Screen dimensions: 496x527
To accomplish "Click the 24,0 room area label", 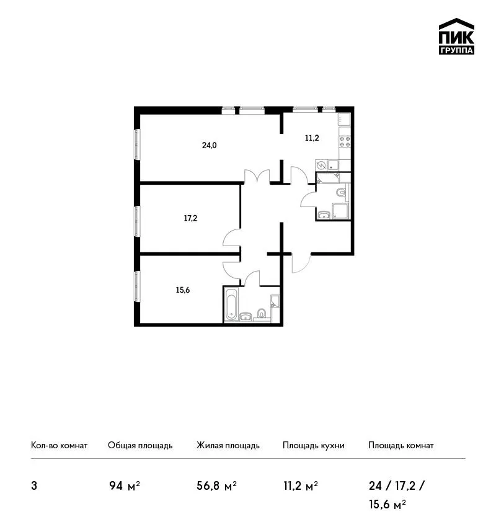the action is pyautogui.click(x=209, y=145).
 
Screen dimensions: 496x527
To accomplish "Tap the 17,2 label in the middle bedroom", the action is pyautogui.click(x=190, y=218).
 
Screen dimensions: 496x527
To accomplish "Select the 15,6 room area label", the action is pyautogui.click(x=182, y=290).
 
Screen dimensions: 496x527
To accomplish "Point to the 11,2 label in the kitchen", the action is pyautogui.click(x=311, y=138).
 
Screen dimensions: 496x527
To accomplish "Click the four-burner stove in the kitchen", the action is pyautogui.click(x=345, y=142).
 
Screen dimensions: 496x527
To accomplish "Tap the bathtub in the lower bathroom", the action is pyautogui.click(x=231, y=304).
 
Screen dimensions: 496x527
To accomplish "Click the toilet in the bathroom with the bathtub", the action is pyautogui.click(x=262, y=313).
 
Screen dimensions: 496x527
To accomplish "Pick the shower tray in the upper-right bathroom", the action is pyautogui.click(x=340, y=211).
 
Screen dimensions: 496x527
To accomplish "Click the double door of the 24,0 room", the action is pyautogui.click(x=257, y=176).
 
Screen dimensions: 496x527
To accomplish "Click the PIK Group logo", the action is pyautogui.click(x=456, y=37).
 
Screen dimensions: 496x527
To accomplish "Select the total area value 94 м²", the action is pyautogui.click(x=125, y=486).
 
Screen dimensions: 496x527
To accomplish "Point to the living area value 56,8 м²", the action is pyautogui.click(x=216, y=486).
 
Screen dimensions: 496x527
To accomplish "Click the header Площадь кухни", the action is pyautogui.click(x=314, y=445).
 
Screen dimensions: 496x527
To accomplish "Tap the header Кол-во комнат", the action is pyautogui.click(x=59, y=445).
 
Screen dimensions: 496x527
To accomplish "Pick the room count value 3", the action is pyautogui.click(x=34, y=486).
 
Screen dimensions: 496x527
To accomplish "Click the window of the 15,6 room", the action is pyautogui.click(x=137, y=286).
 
